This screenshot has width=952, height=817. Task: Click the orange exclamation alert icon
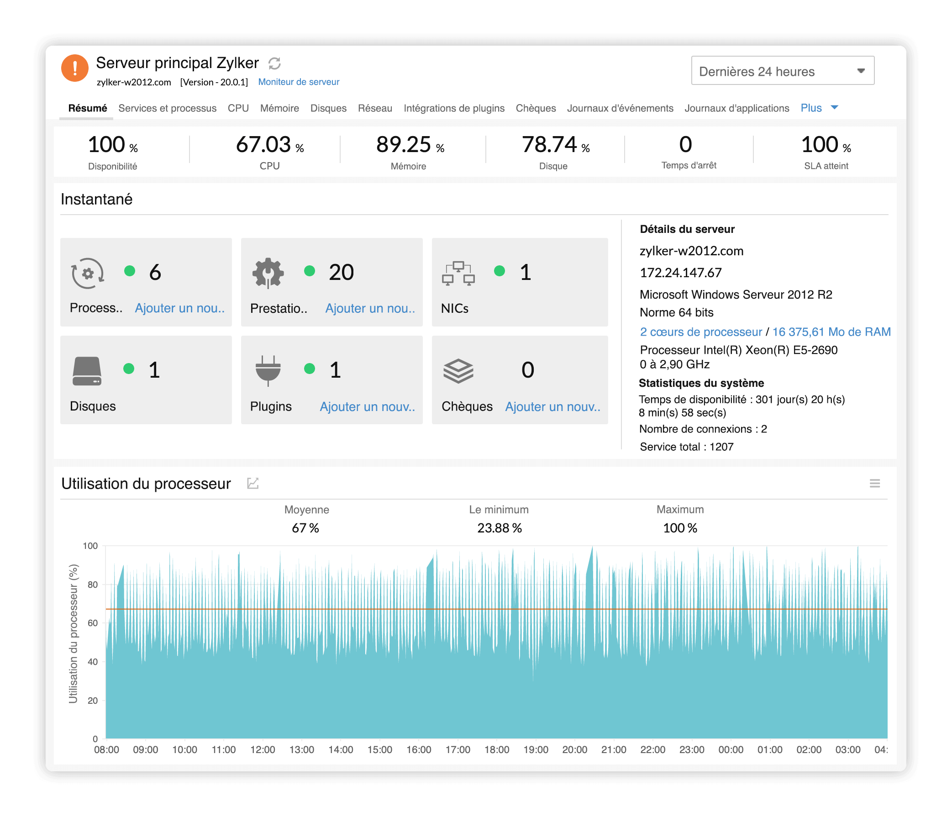click(x=74, y=68)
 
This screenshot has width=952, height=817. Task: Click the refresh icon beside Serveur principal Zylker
click(x=274, y=63)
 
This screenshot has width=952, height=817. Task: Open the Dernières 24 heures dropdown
click(x=782, y=71)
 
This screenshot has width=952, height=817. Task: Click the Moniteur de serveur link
click(x=298, y=82)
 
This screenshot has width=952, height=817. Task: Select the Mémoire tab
click(x=279, y=108)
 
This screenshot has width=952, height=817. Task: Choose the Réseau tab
click(x=374, y=108)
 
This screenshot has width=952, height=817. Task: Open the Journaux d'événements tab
click(x=619, y=108)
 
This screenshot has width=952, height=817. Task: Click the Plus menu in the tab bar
click(x=818, y=108)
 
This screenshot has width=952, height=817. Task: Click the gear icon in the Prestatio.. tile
click(x=268, y=273)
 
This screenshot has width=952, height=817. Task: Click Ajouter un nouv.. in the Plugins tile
click(x=367, y=406)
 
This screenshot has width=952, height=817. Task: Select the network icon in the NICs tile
click(x=458, y=274)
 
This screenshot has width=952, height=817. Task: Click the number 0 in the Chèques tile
click(x=527, y=370)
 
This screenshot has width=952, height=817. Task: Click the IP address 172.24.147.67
click(x=680, y=273)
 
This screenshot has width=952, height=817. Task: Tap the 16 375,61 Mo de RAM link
click(x=831, y=332)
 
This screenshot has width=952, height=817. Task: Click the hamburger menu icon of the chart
click(x=874, y=484)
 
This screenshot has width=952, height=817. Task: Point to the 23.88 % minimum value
click(x=499, y=528)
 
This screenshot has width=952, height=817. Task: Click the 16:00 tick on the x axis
click(x=418, y=749)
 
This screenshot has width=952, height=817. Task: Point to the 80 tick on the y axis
click(x=92, y=585)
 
